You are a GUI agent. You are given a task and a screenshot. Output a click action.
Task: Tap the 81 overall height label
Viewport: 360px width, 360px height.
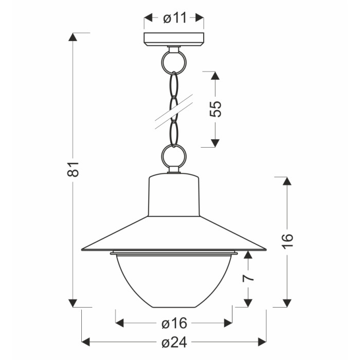coord(73,169)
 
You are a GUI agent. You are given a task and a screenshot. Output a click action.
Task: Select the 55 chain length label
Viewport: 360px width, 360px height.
coord(215,109)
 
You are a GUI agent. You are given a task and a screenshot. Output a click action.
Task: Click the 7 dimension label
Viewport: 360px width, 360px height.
coord(248,278)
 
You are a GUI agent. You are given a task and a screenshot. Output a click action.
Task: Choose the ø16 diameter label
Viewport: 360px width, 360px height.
coord(174,323)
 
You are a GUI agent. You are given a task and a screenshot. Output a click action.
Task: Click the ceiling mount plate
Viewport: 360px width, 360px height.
coord(174,39)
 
